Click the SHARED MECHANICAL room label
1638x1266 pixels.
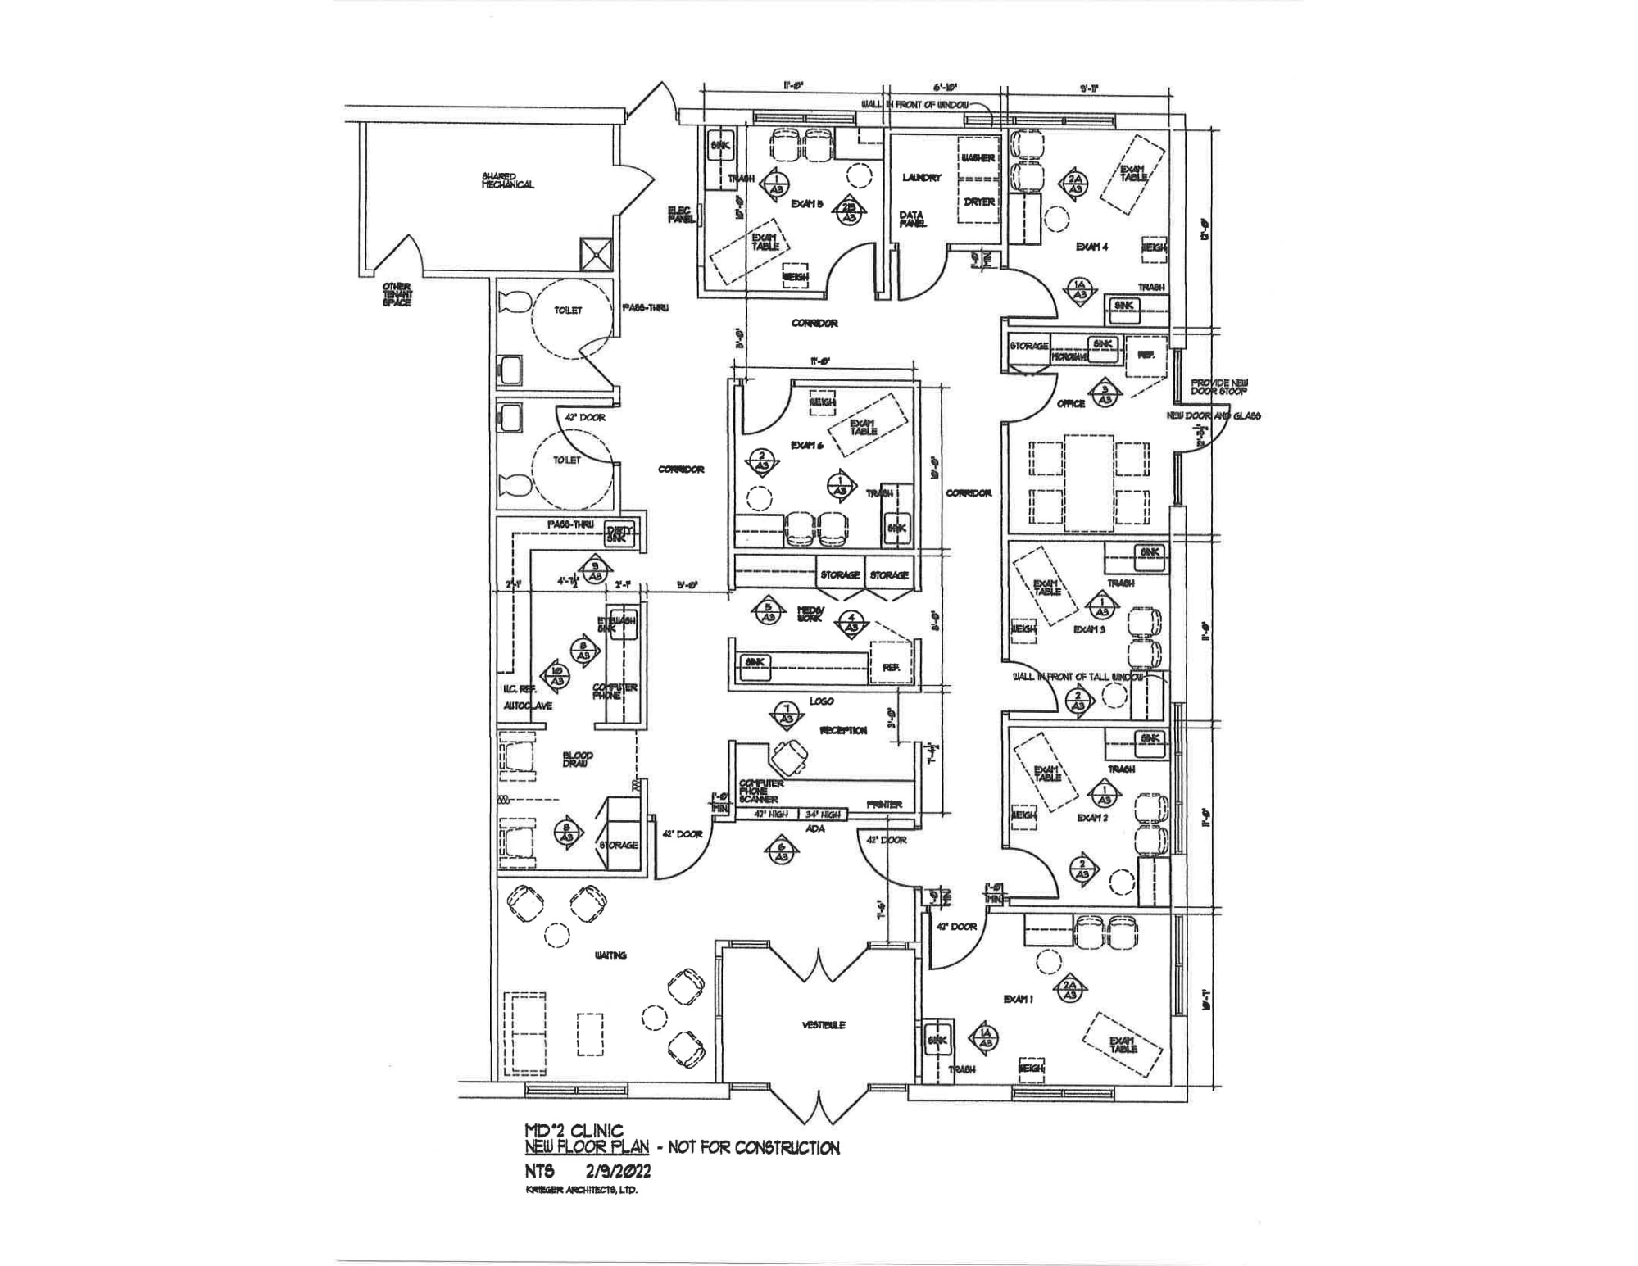[x=507, y=180]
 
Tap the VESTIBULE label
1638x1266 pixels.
[x=824, y=1025]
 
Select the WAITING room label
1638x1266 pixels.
[x=610, y=955]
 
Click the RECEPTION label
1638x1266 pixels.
[x=843, y=730]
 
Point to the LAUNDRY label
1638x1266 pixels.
[x=922, y=178]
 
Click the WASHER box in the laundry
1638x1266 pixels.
[x=978, y=158]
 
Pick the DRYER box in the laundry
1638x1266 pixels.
[x=979, y=202]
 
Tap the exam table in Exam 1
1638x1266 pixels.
[x=1123, y=1045]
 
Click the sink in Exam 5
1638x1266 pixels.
[x=720, y=146]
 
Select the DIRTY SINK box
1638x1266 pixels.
[x=619, y=534]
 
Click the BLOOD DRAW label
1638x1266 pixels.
[x=578, y=760]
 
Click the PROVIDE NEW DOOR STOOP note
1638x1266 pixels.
[x=1219, y=387]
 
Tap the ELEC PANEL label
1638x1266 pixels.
[x=681, y=215]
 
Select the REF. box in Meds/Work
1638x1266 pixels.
[x=891, y=668]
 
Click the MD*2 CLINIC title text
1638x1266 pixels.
[x=574, y=1132]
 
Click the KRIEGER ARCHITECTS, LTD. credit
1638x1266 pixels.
[x=581, y=1190]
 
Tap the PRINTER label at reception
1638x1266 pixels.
[x=884, y=805]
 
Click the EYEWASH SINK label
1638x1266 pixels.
[x=617, y=624]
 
